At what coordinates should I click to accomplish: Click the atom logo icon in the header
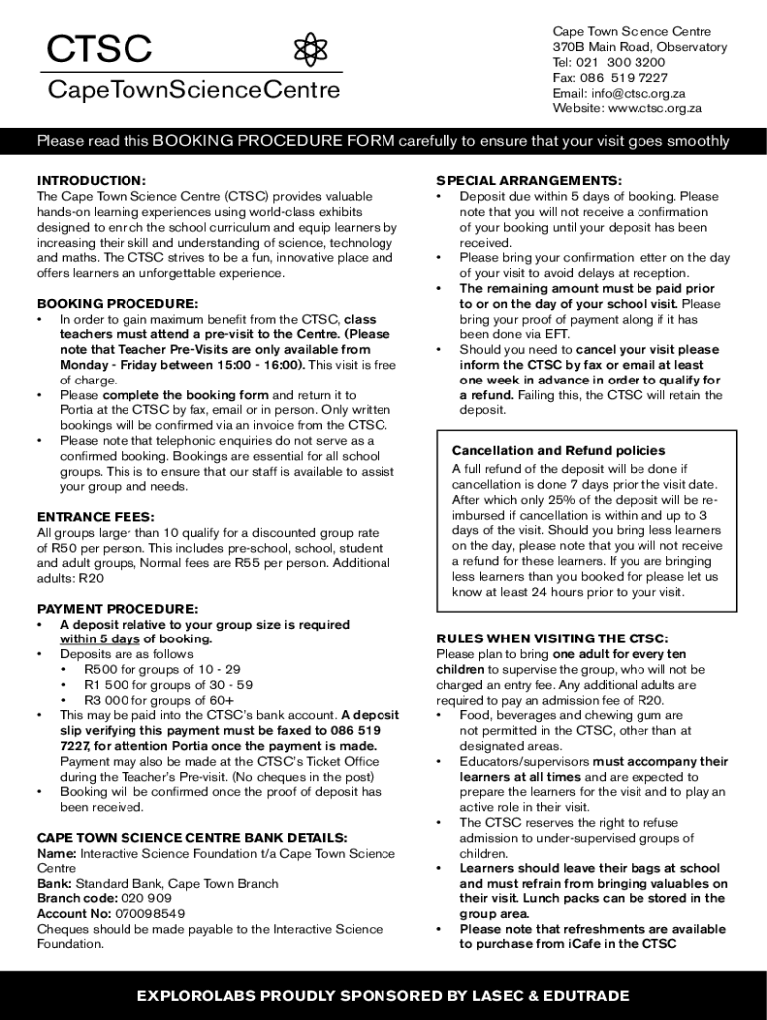311,50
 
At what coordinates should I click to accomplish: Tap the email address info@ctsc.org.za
640,93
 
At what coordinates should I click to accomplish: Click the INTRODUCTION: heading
92,180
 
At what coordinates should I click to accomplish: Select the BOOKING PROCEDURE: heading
118,303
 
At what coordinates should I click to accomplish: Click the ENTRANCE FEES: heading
96,517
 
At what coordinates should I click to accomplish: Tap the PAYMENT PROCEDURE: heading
118,609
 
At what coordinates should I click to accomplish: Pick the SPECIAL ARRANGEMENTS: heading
529,180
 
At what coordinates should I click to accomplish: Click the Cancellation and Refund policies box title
559,450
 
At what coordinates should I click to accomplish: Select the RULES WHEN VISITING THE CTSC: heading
553,638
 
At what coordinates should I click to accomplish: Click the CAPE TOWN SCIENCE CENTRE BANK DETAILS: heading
191,838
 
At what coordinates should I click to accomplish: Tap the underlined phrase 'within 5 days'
100,639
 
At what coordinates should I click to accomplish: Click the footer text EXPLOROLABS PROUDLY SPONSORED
383,996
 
